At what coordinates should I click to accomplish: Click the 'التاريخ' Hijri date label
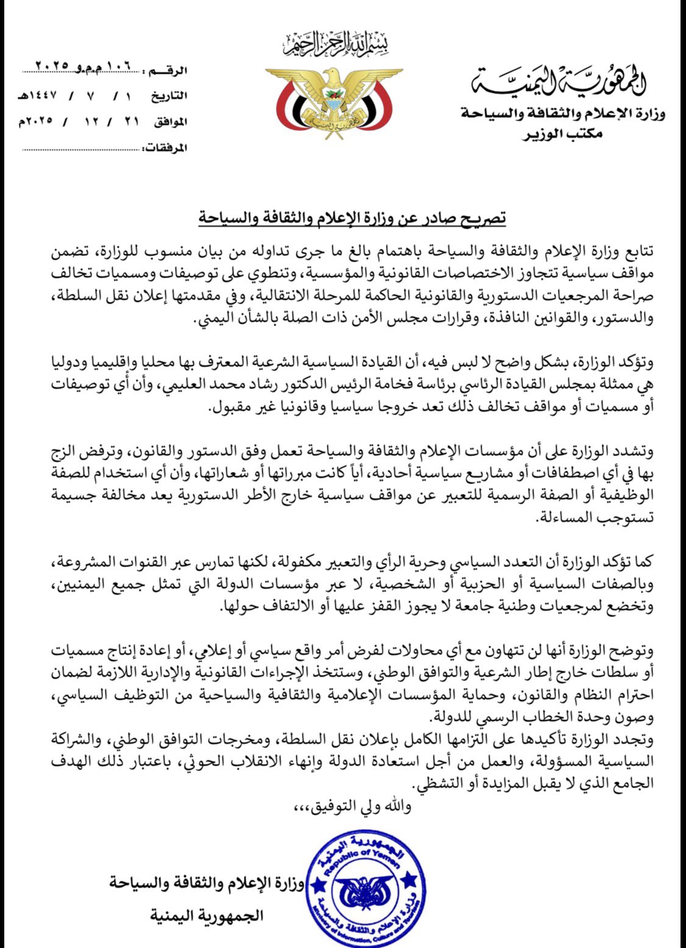tap(170, 96)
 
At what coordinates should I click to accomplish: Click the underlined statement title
tap(352, 218)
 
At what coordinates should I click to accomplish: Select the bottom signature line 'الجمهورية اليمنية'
tap(207, 916)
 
